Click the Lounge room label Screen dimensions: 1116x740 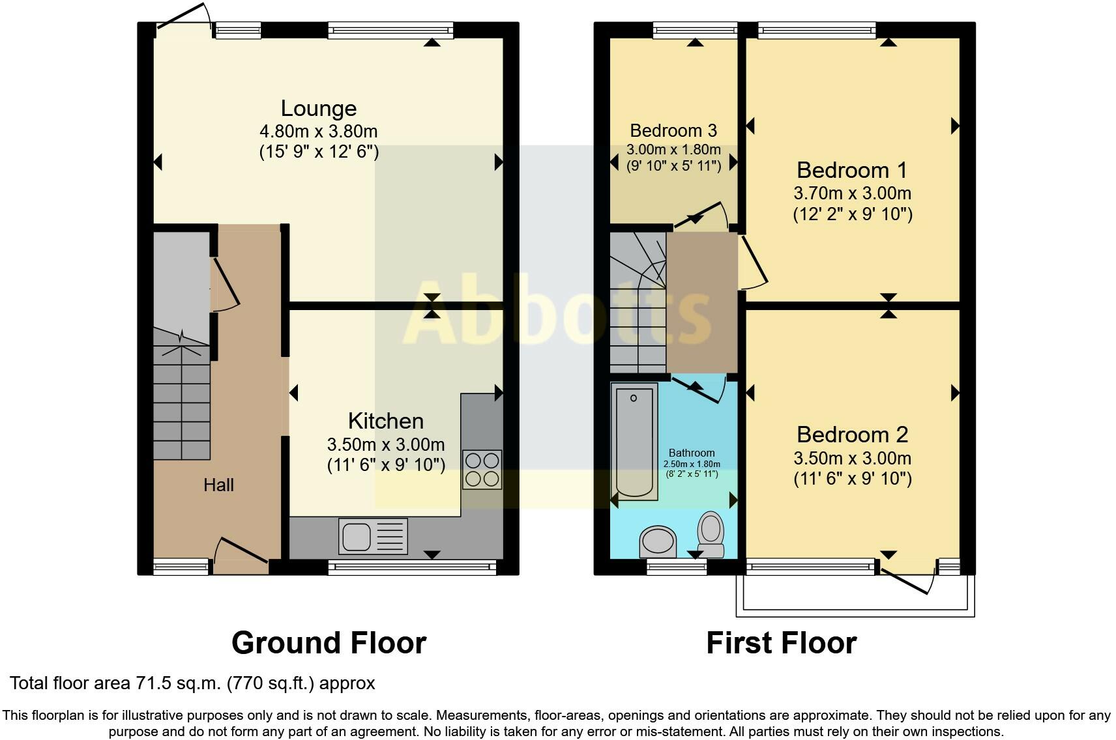(x=319, y=109)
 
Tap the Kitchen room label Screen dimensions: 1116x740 (x=386, y=421)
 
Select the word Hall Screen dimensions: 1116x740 (x=218, y=485)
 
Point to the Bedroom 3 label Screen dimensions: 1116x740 (x=673, y=130)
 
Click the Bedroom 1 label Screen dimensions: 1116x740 (x=852, y=170)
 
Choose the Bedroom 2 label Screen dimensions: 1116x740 (x=852, y=434)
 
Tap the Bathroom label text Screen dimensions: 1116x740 (x=692, y=453)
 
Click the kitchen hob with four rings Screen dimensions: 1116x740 (x=482, y=470)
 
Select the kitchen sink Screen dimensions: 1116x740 (x=373, y=536)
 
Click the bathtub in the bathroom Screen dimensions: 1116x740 (x=634, y=442)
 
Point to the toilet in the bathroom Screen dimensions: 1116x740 (x=711, y=535)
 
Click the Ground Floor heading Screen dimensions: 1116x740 (x=329, y=643)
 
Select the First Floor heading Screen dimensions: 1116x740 (x=781, y=643)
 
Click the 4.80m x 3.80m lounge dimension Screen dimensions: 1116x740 (x=319, y=132)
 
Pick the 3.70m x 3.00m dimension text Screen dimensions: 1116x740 (x=852, y=193)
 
